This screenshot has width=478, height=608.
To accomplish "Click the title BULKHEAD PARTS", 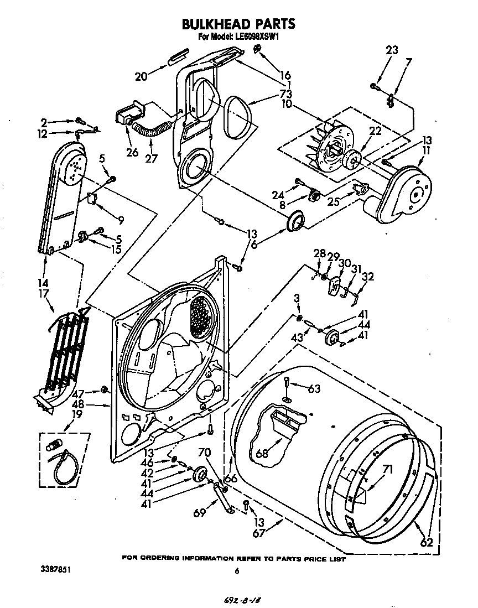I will pyautogui.click(x=238, y=24).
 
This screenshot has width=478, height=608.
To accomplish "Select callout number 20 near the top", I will pyautogui.click(x=141, y=77).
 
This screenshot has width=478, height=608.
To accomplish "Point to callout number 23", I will pyautogui.click(x=392, y=50).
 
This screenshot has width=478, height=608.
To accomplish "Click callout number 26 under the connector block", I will pyautogui.click(x=131, y=152).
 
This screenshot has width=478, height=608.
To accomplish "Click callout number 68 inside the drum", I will pyautogui.click(x=262, y=454).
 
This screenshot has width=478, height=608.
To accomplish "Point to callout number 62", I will pyautogui.click(x=426, y=543).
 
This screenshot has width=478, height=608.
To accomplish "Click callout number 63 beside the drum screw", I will pyautogui.click(x=314, y=389).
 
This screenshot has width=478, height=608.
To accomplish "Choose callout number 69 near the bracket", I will pyautogui.click(x=200, y=513).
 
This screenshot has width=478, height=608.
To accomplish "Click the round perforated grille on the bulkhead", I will pyautogui.click(x=198, y=315).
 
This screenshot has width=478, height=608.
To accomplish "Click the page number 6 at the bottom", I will pyautogui.click(x=236, y=572).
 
